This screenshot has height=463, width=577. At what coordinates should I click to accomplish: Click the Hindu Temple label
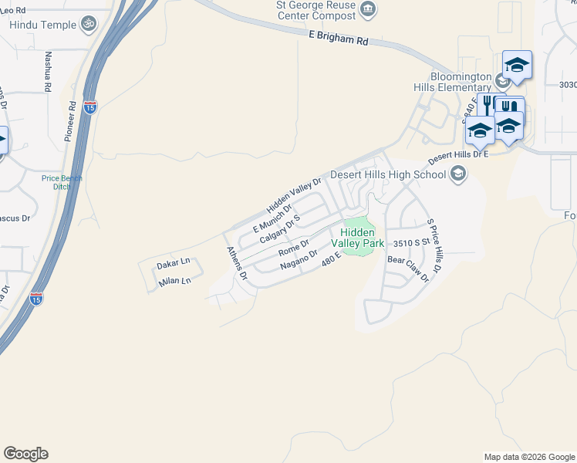[43, 25]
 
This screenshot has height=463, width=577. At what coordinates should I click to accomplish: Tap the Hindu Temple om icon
[89, 23]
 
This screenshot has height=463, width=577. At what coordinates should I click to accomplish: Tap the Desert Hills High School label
[388, 174]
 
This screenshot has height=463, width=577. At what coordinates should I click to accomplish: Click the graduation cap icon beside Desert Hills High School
[459, 173]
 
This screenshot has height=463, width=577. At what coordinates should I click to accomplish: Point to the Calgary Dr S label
[279, 229]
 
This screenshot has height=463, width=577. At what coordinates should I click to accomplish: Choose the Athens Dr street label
[235, 262]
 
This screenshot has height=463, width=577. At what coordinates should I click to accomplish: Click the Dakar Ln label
[174, 265]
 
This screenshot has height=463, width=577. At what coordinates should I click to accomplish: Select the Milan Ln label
[174, 282]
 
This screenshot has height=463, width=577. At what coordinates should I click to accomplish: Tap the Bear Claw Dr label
[407, 269]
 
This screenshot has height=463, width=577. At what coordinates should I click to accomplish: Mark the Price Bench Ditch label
[61, 183]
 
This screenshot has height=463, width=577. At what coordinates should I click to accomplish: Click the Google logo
[25, 454]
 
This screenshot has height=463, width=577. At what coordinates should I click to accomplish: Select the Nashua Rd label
[48, 72]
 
